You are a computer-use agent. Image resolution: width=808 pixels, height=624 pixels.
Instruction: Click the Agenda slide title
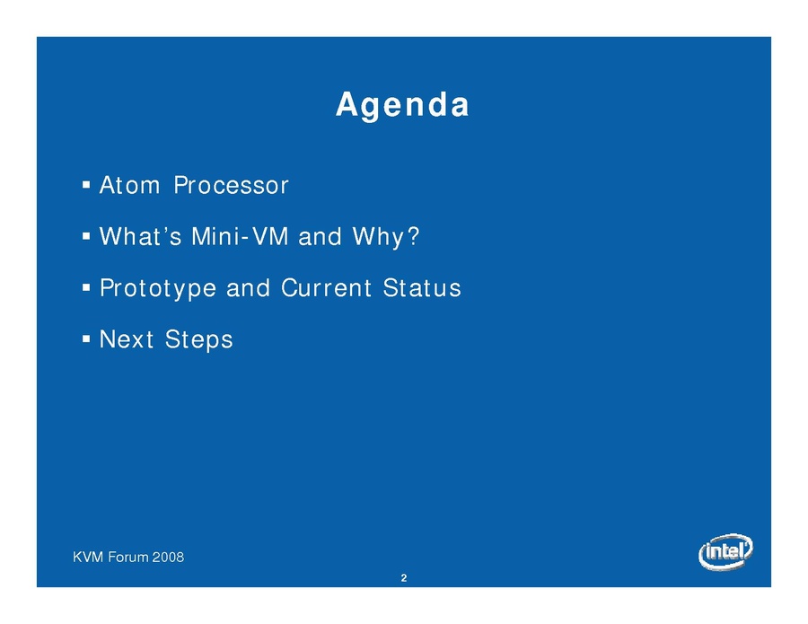point(402,106)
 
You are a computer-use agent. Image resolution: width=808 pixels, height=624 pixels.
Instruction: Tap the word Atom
point(129,185)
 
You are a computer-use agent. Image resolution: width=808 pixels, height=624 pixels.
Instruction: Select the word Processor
point(231,185)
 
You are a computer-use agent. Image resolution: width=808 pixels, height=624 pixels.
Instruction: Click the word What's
point(140,236)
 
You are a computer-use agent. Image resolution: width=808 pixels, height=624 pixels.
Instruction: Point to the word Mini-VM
point(240,236)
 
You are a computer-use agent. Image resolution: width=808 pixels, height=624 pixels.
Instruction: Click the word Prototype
point(158,289)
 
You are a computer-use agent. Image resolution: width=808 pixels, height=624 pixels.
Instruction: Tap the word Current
point(326,288)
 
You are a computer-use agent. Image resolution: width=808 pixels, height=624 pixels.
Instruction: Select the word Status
point(422,288)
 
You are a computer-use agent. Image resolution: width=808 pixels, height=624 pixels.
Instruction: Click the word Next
point(127,339)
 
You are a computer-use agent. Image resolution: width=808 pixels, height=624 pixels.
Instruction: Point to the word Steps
point(199,340)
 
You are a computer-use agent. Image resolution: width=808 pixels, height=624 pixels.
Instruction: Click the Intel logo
point(725,552)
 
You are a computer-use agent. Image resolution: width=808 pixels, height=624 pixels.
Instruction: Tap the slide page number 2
point(404,578)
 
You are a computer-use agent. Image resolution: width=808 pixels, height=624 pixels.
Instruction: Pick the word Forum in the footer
point(128,557)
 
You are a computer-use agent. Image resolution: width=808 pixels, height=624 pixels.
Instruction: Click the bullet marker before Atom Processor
point(86,184)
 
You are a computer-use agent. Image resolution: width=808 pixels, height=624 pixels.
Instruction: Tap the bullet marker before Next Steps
point(86,339)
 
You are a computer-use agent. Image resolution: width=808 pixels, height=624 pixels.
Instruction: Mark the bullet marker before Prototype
point(86,287)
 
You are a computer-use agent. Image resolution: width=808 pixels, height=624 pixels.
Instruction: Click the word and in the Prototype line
point(249,288)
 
